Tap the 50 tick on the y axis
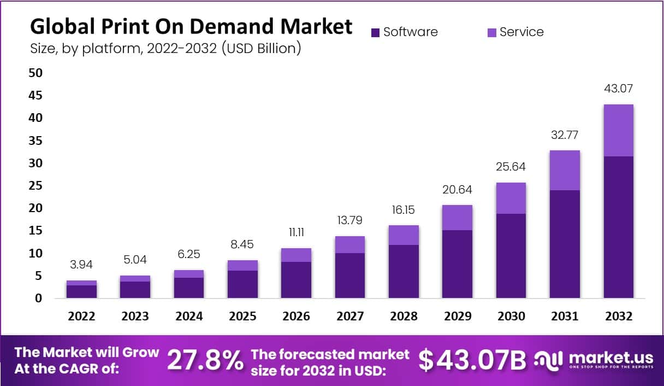point(35,73)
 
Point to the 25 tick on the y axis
point(35,185)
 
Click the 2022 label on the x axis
point(81,317)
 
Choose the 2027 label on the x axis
point(349,317)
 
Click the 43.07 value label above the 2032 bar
point(618,89)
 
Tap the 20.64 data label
point(457,190)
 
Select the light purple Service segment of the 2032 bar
point(618,130)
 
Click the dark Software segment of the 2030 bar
point(511,255)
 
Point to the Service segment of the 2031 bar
point(565,170)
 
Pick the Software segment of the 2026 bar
point(296,279)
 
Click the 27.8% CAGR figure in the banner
point(205,360)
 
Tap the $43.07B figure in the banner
point(472,360)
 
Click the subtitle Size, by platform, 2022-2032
point(165,48)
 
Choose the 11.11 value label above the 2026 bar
point(296,233)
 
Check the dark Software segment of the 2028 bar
point(404,271)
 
